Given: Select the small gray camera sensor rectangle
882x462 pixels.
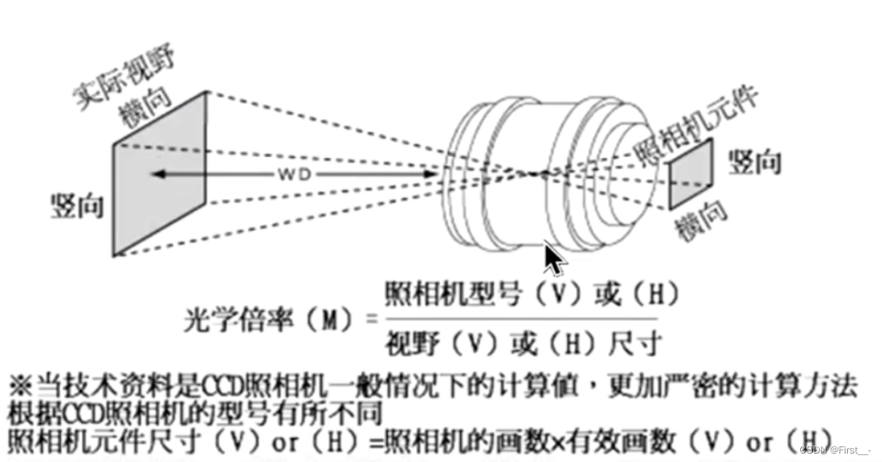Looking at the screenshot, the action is pyautogui.click(x=690, y=174).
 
